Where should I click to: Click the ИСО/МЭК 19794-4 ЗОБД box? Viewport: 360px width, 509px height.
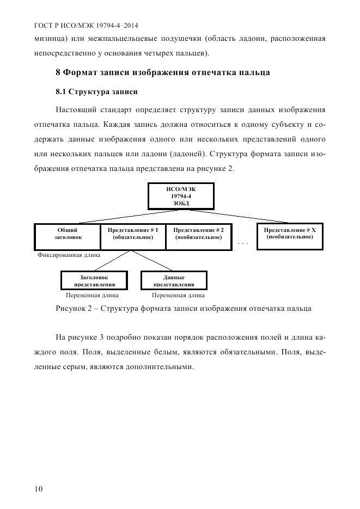[x=180, y=196]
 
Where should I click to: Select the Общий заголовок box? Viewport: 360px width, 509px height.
[x=68, y=236]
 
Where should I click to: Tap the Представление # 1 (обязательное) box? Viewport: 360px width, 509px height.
[x=133, y=236]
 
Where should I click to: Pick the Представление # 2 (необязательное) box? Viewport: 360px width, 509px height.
[x=198, y=236]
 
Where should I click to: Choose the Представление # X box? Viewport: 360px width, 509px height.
[x=289, y=234]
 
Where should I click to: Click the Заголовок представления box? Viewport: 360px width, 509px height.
[x=94, y=281]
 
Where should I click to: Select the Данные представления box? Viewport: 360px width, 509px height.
[x=174, y=281]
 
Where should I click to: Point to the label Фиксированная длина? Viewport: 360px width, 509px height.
[x=69, y=254]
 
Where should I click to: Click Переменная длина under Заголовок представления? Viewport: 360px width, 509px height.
[x=91, y=296]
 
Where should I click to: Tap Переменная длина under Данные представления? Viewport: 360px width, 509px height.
[x=178, y=296]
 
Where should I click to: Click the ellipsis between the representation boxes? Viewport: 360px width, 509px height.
[x=243, y=243]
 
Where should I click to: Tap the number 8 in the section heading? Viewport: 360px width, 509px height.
[x=59, y=72]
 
